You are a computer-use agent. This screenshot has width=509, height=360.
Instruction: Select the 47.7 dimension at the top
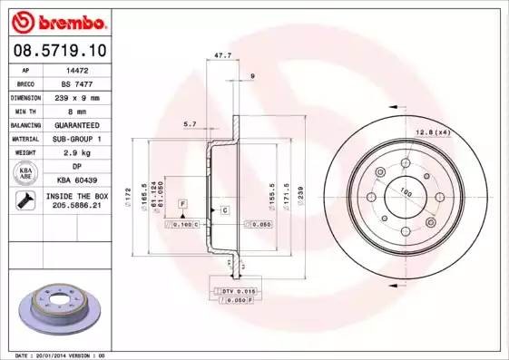tap(220, 56)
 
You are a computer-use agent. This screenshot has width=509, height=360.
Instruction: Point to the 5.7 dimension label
tap(190, 123)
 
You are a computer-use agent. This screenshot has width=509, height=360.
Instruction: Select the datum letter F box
tap(182, 202)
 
